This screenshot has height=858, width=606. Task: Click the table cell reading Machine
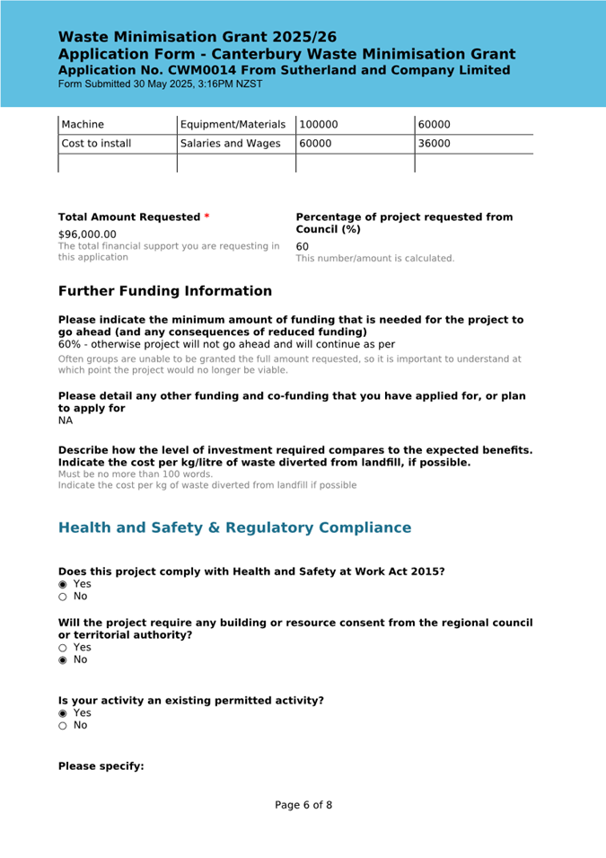click(x=83, y=125)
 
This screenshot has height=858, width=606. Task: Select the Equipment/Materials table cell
click(x=233, y=125)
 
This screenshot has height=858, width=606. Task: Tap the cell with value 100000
click(x=319, y=125)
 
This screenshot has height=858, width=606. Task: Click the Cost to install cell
click(x=96, y=144)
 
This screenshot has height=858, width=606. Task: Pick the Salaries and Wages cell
click(x=230, y=144)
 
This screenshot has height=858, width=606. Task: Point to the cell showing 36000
click(x=435, y=144)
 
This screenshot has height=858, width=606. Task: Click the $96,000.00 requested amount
click(x=87, y=234)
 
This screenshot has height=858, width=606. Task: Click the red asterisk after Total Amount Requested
click(x=207, y=217)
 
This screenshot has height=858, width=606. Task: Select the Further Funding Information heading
click(x=164, y=291)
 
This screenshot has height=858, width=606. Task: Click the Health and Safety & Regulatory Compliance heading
click(x=234, y=527)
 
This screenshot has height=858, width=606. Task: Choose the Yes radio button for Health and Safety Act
click(x=63, y=584)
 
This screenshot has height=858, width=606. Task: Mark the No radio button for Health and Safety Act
click(x=63, y=597)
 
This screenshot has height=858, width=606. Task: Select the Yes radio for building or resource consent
click(x=63, y=648)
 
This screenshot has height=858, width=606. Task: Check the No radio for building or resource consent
click(x=63, y=660)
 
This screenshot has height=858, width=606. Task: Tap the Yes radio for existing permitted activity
click(x=63, y=713)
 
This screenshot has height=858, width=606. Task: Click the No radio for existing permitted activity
click(x=63, y=726)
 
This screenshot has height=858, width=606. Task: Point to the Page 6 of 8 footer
click(x=303, y=805)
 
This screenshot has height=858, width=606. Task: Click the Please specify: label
click(x=101, y=766)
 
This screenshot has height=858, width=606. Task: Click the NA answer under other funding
click(x=66, y=420)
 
